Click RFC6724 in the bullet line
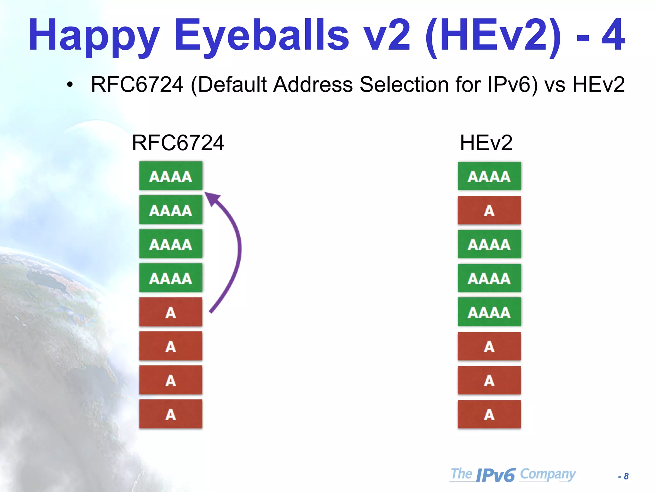tap(137, 85)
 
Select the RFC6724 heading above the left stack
tap(178, 143)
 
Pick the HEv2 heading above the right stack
tap(486, 143)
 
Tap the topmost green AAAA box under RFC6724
tap(171, 176)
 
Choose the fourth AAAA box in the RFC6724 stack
tap(171, 278)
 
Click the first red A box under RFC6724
tap(171, 312)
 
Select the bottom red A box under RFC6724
tap(171, 414)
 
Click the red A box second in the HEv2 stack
tap(489, 210)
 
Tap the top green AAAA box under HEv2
tap(489, 176)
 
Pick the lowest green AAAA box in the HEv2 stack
tap(489, 312)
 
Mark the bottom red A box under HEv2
tap(489, 414)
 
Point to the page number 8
tap(626, 476)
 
